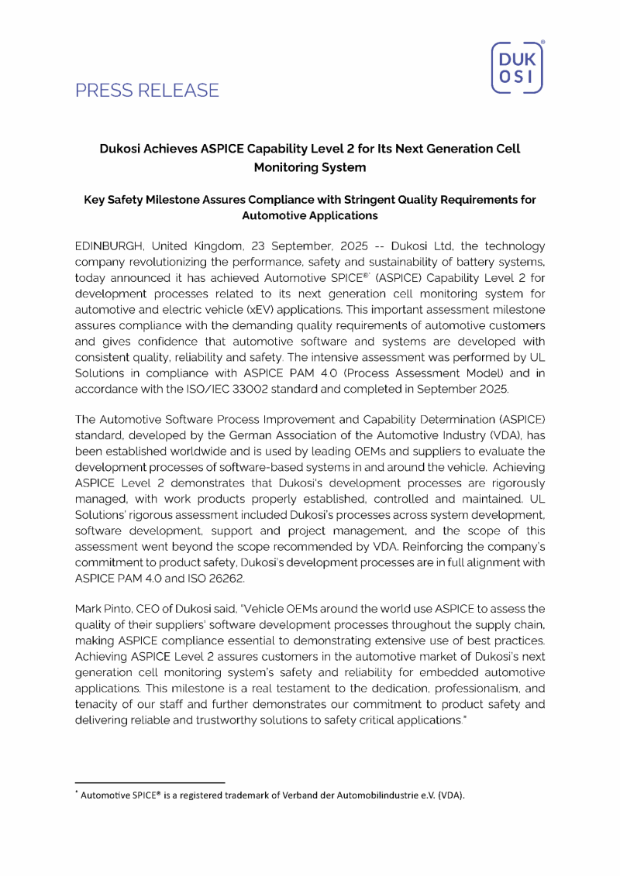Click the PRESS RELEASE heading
(147, 91)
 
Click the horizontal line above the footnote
(150, 783)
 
